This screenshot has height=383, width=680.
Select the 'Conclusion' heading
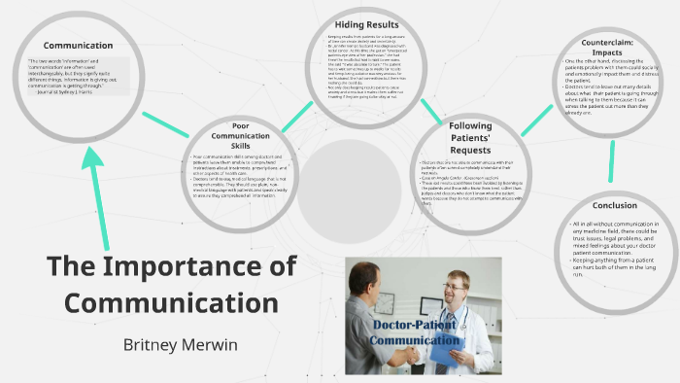[x=614, y=205]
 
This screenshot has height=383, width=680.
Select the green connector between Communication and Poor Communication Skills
[x=164, y=122]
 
